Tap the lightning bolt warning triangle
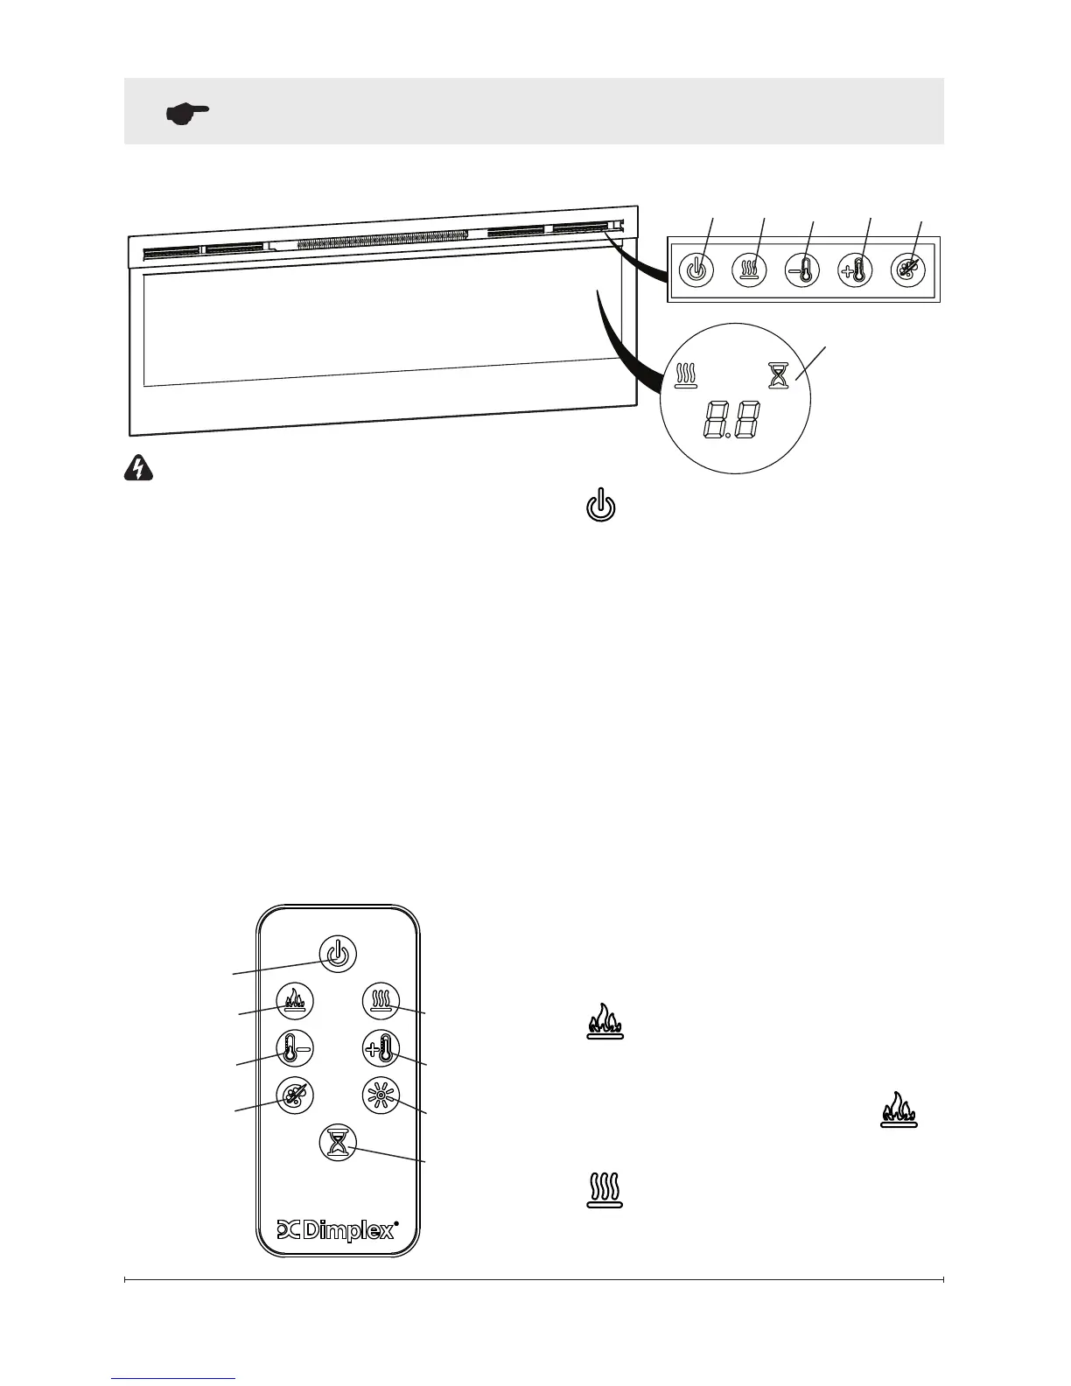click(137, 471)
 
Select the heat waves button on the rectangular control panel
click(750, 268)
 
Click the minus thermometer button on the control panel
click(801, 268)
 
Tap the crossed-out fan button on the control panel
click(906, 268)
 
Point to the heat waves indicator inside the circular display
click(685, 375)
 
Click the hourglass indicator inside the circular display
click(777, 375)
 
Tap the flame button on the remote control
click(294, 1000)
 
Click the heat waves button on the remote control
click(381, 1000)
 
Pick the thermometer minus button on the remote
click(294, 1047)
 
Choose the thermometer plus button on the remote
click(381, 1047)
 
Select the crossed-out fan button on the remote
click(294, 1095)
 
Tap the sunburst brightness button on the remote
click(381, 1095)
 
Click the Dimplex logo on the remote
click(338, 1229)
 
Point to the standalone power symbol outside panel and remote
click(600, 508)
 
